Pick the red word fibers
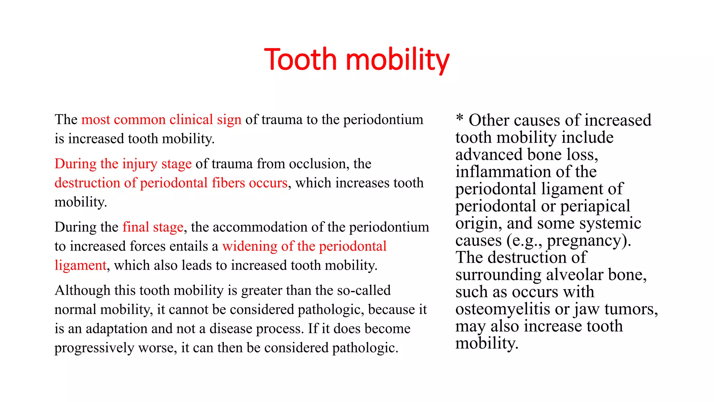coord(228,183)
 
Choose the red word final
coord(135,227)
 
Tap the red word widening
coord(250,246)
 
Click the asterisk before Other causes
coord(460,118)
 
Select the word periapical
coord(595,206)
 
